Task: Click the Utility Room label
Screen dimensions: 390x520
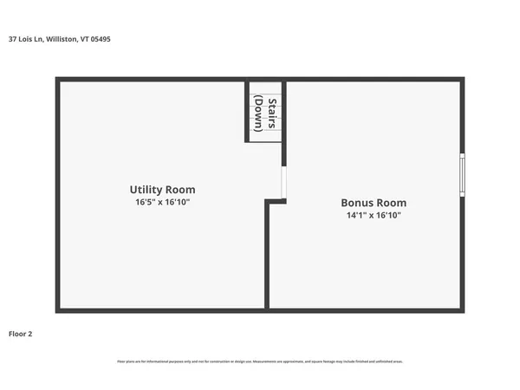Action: point(162,189)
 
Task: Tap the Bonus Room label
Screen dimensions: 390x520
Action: point(373,202)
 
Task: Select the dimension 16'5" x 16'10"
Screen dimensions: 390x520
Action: point(162,202)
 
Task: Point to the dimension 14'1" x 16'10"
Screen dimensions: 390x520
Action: point(373,215)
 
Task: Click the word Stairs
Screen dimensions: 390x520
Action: point(272,114)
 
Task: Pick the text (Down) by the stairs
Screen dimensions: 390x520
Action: point(258,114)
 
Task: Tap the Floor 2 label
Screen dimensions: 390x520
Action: point(20,333)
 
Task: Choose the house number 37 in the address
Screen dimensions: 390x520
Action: point(12,39)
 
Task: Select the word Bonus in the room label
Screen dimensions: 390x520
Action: point(356,202)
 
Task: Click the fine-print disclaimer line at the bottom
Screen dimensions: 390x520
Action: point(260,361)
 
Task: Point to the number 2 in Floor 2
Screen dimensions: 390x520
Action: point(29,333)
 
